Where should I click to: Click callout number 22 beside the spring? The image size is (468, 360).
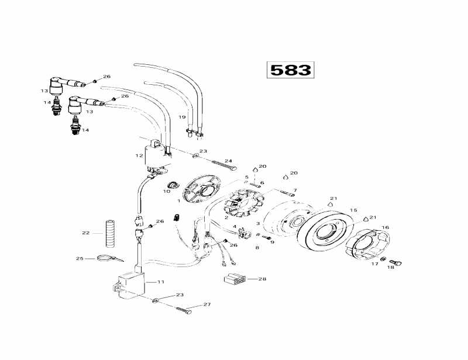[x=86, y=233]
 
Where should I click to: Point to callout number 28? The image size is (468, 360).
[x=262, y=279]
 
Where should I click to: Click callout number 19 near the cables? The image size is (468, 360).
[x=182, y=117]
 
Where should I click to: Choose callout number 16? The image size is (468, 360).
[x=385, y=227]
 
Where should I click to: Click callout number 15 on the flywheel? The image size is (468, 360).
[x=353, y=210]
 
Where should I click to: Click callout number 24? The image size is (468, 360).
[x=228, y=161]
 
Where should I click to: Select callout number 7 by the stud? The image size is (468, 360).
[x=295, y=191]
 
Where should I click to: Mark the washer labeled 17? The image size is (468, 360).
[x=383, y=259]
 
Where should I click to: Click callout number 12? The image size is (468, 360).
[x=139, y=155]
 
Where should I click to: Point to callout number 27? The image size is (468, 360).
[x=207, y=304]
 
